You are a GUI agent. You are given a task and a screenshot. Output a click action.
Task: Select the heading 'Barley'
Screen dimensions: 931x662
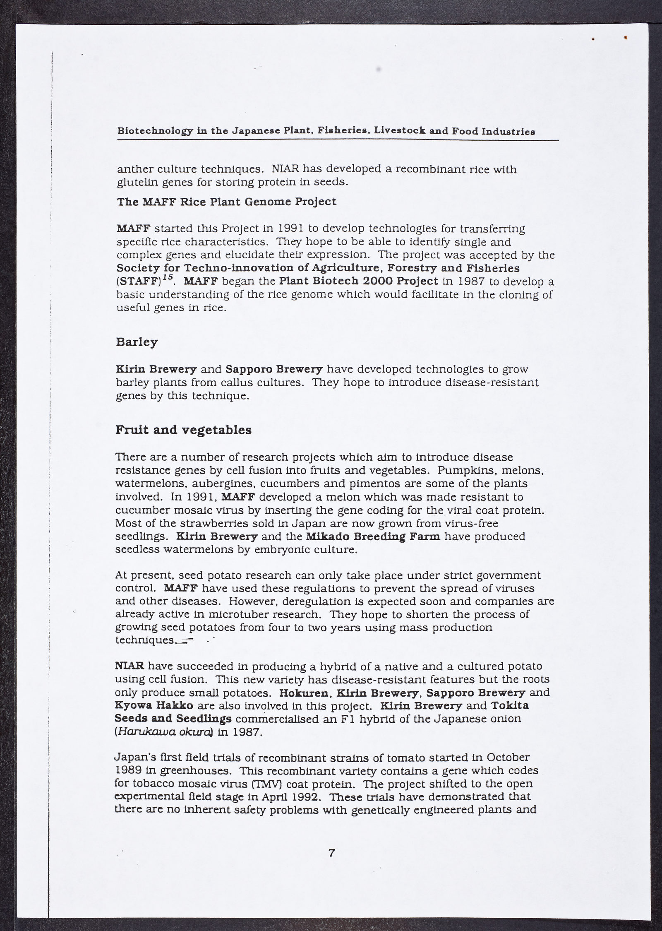click(x=137, y=342)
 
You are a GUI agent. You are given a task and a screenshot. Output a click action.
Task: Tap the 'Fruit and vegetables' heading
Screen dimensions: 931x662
click(x=183, y=430)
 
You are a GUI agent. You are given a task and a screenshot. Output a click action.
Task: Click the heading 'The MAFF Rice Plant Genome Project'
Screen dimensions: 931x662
click(x=226, y=202)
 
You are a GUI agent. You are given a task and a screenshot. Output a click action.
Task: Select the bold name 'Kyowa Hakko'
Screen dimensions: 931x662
click(x=152, y=705)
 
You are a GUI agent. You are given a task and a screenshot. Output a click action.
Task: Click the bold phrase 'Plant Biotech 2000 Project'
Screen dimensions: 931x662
click(x=358, y=281)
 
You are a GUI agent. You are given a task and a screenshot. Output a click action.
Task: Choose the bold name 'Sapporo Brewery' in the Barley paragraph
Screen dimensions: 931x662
click(x=273, y=369)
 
